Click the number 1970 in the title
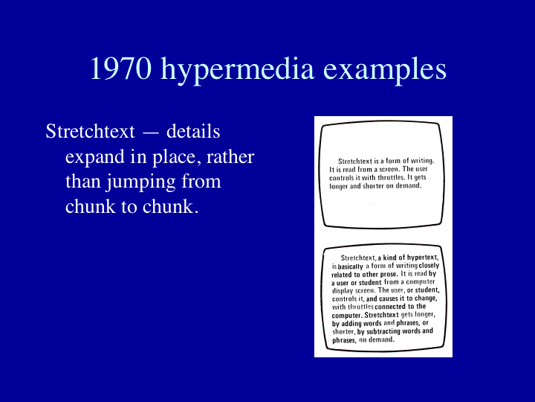point(120,68)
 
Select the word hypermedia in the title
point(237,70)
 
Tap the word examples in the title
point(385,70)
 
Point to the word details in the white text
point(193,131)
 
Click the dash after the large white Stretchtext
point(150,133)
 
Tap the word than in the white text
point(82,181)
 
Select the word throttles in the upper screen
point(392,178)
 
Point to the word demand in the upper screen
point(409,186)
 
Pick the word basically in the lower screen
point(350,267)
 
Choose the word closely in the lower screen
point(429,266)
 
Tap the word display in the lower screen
point(343,291)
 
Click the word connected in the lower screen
point(390,307)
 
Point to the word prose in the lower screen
point(389,275)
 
